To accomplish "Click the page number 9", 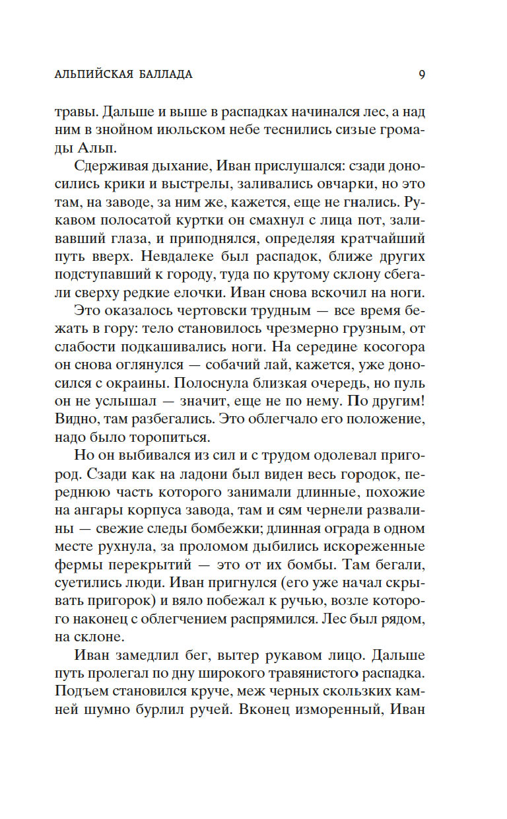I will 421,75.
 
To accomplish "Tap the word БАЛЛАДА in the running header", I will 168,75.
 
